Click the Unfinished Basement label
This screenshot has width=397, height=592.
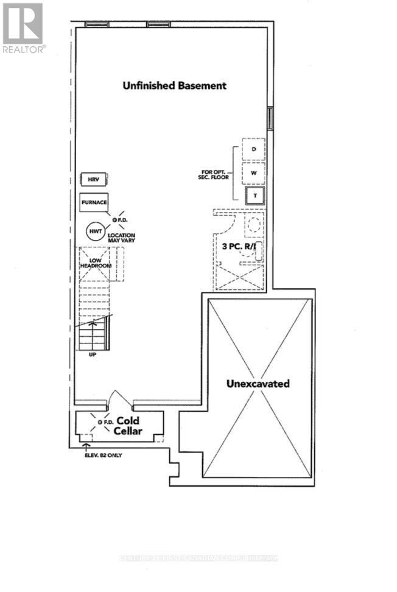pos(174,86)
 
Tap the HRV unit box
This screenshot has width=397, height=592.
pos(94,180)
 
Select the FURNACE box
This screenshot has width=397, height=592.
pos(94,202)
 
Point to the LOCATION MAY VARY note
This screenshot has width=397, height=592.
pos(121,238)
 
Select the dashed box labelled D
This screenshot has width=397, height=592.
pos(254,149)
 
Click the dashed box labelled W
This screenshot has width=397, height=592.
pos(254,172)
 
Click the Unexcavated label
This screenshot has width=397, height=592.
pos(258,384)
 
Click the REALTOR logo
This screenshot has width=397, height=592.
pos(23,27)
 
